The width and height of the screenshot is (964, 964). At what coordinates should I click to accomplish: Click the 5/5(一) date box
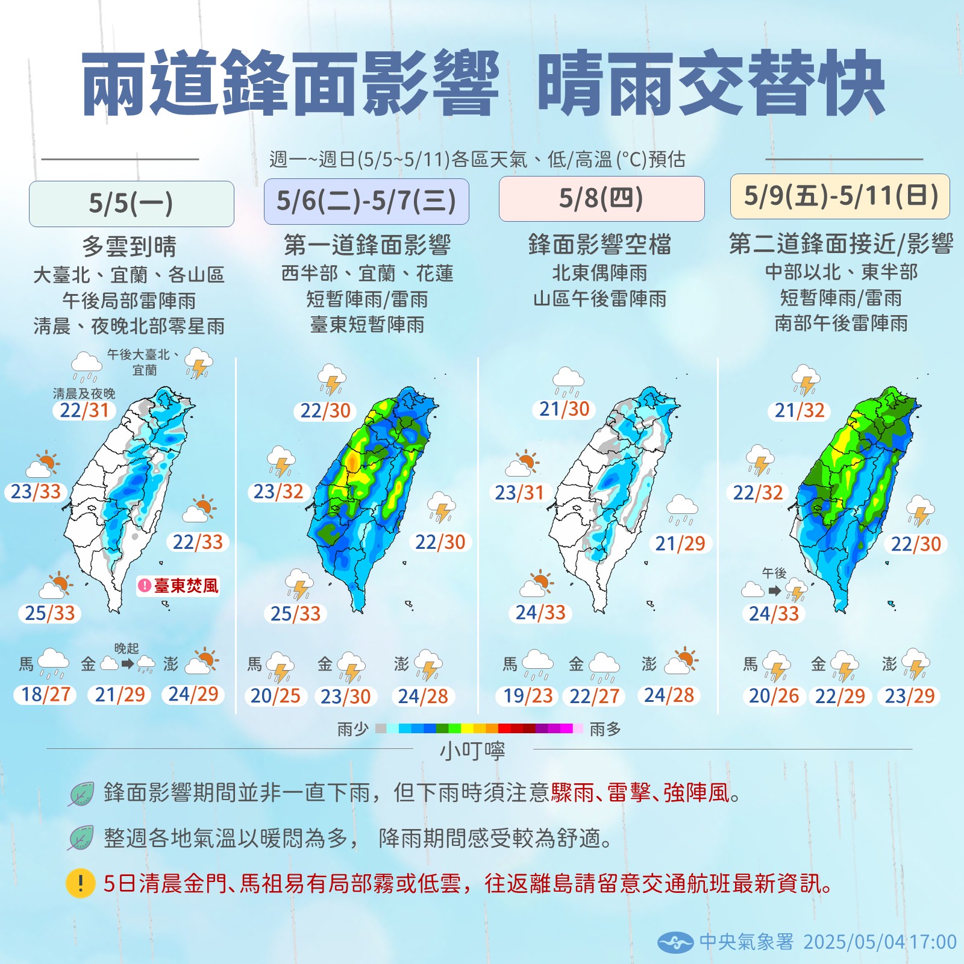(131, 204)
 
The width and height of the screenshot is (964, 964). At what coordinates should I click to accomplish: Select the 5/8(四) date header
(601, 199)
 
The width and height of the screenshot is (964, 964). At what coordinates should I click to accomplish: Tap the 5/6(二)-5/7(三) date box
(366, 201)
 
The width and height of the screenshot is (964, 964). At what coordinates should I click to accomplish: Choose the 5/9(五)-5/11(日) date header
(840, 196)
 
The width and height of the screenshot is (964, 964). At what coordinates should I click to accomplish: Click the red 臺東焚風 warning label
(179, 586)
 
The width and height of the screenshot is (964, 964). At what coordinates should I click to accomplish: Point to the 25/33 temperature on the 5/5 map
(50, 613)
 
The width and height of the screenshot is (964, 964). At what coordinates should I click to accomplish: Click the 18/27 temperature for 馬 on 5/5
(46, 695)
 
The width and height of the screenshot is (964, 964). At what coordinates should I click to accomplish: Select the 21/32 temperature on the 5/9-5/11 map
(800, 411)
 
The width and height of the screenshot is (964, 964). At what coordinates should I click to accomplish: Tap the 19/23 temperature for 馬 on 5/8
(528, 696)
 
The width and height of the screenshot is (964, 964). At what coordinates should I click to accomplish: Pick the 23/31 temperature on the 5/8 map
(519, 493)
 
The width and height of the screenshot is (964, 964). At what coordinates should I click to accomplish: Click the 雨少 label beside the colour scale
(353, 729)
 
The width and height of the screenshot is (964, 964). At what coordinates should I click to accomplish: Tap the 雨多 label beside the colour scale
(605, 729)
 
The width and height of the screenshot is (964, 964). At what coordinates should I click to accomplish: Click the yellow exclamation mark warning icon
(80, 884)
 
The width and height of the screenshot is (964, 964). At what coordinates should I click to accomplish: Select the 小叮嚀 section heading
(472, 751)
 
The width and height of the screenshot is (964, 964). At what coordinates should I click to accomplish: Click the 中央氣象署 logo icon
(676, 942)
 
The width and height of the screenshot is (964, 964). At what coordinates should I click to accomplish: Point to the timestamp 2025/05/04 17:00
(880, 942)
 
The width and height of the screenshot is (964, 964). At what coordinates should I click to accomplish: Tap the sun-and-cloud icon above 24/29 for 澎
(202, 662)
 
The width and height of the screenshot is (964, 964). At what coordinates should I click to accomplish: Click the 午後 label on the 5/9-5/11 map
(774, 573)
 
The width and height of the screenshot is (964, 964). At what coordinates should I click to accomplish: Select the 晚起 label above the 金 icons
(127, 648)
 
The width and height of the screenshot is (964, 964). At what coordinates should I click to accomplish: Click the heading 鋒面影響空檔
(599, 245)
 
